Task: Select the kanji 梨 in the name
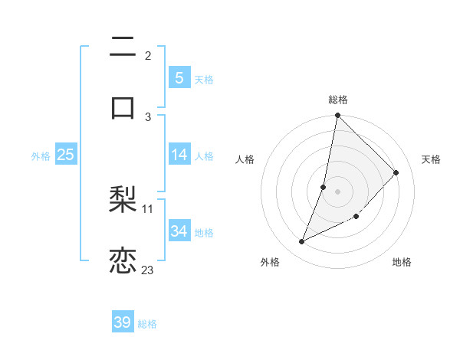tap(123, 201)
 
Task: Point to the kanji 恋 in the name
tap(123, 260)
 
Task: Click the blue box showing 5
tap(179, 77)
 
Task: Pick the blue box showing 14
tap(179, 155)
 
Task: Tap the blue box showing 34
tap(179, 231)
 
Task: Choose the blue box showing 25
tap(65, 155)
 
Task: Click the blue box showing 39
tap(123, 322)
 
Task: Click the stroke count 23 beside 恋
tap(147, 270)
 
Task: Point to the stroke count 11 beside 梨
tap(148, 208)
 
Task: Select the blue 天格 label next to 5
tap(204, 79)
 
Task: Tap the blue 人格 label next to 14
tap(204, 155)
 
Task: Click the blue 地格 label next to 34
tap(204, 232)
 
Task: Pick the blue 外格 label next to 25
tap(41, 155)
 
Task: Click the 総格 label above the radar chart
tap(338, 100)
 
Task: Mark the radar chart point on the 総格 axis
tap(337, 115)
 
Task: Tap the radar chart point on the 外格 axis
tap(302, 242)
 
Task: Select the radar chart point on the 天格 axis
tap(396, 172)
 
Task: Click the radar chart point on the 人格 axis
tap(324, 187)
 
